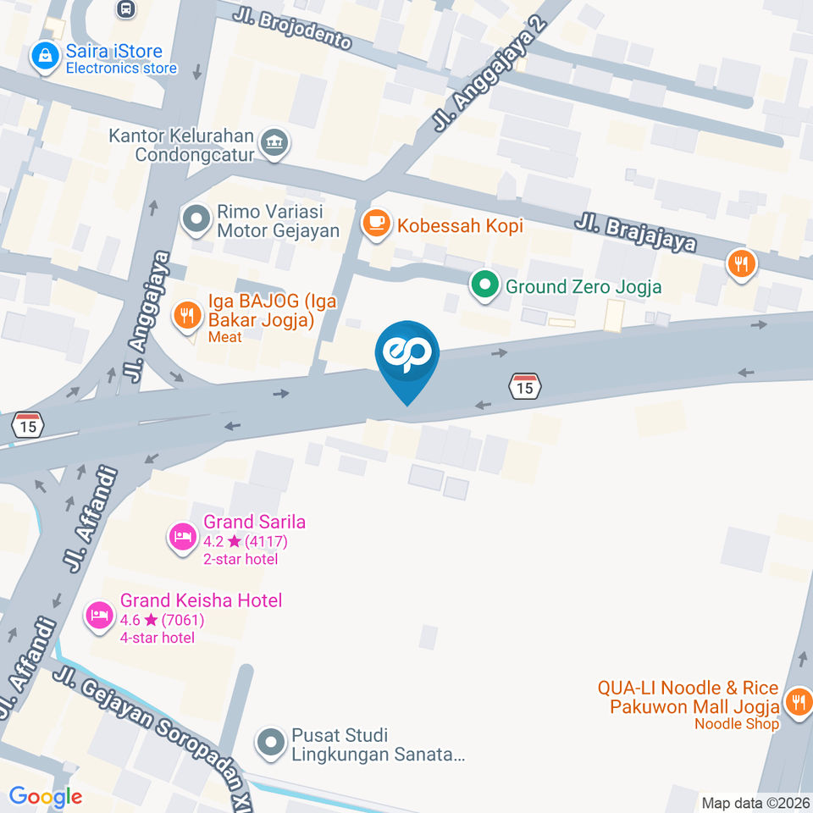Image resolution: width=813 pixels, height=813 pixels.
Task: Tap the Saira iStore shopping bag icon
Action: pos(44,58)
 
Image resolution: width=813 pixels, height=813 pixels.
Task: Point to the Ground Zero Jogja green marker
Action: pos(485,286)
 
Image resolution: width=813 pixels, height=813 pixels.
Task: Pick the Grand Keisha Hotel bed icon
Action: pos(100,616)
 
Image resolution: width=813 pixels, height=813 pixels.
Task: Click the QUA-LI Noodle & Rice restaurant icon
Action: pos(796,702)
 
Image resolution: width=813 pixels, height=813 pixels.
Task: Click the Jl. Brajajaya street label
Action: pos(635,232)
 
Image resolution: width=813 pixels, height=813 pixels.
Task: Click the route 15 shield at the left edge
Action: pos(29,425)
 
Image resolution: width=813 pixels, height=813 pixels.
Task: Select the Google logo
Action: pos(46,796)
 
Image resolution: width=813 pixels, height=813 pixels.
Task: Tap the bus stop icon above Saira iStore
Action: pos(125,9)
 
